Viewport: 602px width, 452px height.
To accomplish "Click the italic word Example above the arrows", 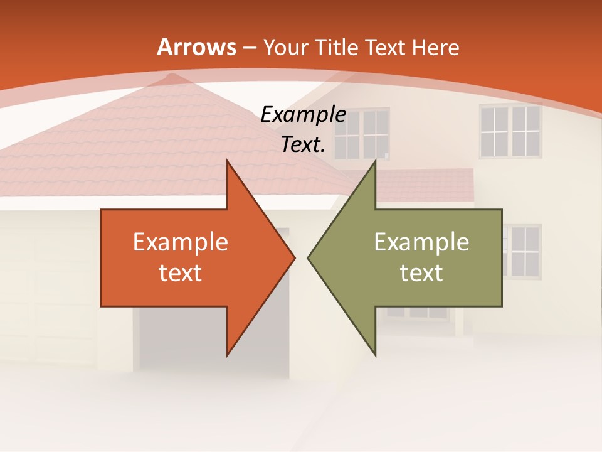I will (304, 115).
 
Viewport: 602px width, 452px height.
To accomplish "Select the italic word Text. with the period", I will (304, 145).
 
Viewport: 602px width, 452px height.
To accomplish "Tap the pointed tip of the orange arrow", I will (294, 257).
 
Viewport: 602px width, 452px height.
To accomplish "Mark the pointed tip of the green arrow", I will (309, 257).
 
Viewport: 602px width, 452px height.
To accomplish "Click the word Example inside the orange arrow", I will (181, 242).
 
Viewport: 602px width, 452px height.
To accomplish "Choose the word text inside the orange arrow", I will (181, 272).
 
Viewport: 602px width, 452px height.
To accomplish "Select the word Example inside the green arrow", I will (421, 242).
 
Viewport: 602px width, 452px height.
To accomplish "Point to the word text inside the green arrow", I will (421, 272).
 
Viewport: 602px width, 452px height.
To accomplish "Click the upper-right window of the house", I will (510, 131).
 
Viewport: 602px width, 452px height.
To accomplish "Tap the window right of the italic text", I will (362, 134).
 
